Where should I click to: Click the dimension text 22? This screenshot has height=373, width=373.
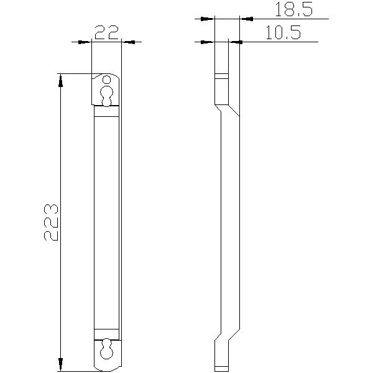[x=106, y=32]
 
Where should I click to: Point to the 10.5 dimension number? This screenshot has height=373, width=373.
[x=283, y=32]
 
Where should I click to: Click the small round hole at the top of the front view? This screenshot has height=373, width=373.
[x=108, y=80]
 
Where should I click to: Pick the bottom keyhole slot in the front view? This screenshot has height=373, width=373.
[x=108, y=349]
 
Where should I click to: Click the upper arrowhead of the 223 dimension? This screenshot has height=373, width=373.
[x=60, y=78]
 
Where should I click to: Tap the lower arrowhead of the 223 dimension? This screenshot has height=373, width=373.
[x=60, y=366]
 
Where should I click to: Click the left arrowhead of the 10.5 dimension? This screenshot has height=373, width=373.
[x=209, y=42]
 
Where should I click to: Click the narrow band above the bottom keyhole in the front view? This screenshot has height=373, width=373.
[x=106, y=330]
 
